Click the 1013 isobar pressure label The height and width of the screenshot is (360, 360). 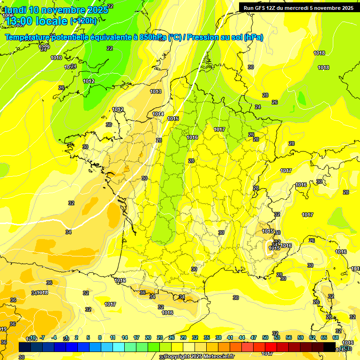(156, 91)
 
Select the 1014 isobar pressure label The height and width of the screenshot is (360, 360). (158, 114)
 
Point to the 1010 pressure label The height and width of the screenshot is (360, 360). (56, 58)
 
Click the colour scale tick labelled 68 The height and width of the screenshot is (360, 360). (336, 337)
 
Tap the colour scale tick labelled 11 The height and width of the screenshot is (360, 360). (112, 337)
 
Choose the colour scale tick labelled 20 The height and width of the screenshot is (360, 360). (148, 337)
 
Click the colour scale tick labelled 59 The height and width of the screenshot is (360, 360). (300, 337)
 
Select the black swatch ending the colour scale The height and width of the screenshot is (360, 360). (330, 347)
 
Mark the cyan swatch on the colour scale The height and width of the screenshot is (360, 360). (119, 347)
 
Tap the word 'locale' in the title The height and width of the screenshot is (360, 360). (51, 21)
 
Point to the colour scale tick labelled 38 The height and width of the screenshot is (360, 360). (218, 337)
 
